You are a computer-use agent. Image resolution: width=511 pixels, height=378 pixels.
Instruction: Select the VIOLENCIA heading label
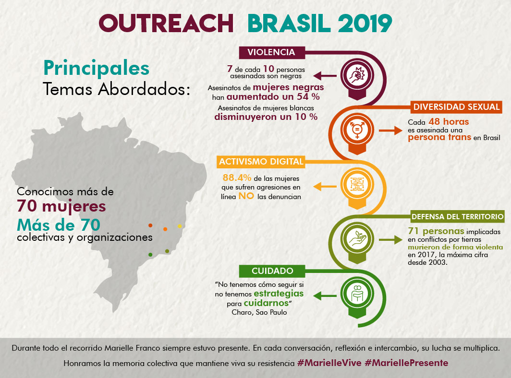click(271, 52)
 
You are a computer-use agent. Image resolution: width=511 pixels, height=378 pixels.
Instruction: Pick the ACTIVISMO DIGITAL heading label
click(261, 162)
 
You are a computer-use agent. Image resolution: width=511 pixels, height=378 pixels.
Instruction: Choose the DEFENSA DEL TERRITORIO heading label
click(457, 216)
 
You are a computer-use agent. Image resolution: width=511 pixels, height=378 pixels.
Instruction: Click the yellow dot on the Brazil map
click(180, 226)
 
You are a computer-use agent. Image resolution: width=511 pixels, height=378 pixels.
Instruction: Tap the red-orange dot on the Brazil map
click(150, 225)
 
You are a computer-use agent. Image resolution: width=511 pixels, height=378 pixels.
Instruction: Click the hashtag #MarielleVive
click(329, 363)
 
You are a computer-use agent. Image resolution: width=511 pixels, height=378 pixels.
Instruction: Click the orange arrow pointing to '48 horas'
click(389, 130)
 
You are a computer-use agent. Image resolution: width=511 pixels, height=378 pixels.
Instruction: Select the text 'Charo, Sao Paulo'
click(260, 312)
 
